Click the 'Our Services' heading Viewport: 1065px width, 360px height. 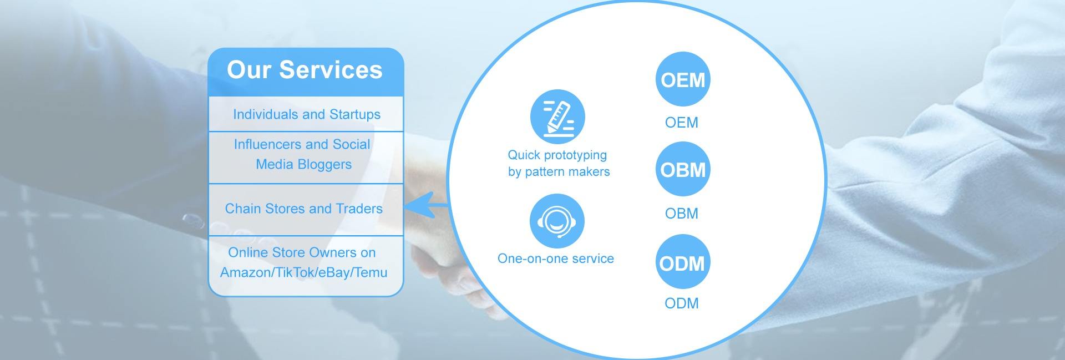(305, 70)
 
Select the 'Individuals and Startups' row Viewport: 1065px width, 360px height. (306, 115)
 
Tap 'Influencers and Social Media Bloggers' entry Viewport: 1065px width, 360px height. (302, 154)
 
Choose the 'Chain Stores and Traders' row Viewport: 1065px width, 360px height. (303, 209)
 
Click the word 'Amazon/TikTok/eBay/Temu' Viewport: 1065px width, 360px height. (303, 272)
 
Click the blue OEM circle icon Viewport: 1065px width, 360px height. (682, 80)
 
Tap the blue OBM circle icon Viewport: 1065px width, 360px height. (682, 169)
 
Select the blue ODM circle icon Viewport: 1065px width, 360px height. (682, 262)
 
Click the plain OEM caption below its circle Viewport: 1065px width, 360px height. (682, 123)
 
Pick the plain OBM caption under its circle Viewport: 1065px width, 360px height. (682, 214)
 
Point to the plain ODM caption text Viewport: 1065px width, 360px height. (682, 303)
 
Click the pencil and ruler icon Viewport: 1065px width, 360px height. (557, 116)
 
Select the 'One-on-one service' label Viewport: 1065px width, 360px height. (556, 258)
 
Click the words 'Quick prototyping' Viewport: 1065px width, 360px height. (557, 155)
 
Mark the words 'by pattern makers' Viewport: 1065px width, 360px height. (559, 172)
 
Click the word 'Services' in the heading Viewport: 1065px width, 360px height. (331, 70)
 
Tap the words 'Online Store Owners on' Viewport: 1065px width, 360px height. (302, 253)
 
